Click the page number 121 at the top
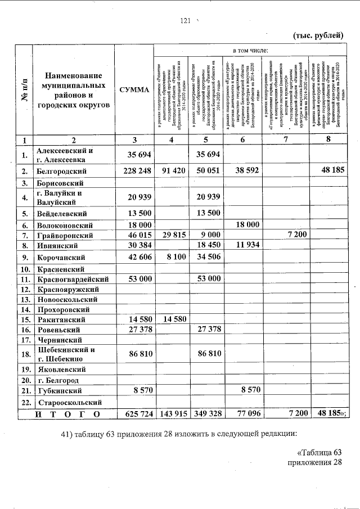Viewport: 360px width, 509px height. (186, 21)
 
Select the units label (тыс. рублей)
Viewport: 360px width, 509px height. (318, 35)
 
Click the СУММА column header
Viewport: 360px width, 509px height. (134, 90)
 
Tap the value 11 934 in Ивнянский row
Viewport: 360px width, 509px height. (243, 245)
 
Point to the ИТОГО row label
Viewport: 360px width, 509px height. (67, 415)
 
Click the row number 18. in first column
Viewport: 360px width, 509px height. (24, 354)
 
